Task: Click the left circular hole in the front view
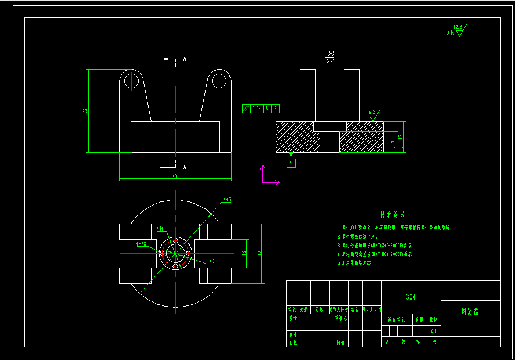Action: (x=132, y=80)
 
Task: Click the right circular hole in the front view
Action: (x=219, y=80)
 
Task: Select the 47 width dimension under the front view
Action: (x=175, y=175)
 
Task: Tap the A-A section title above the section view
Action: (x=331, y=53)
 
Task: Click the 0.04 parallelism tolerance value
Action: (x=256, y=109)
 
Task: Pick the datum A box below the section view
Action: (x=291, y=163)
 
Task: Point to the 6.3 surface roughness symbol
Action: (x=373, y=114)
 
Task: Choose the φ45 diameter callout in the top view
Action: (x=227, y=200)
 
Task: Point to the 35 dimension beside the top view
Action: (x=259, y=253)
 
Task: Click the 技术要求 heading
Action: (x=392, y=215)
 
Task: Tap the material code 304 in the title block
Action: (x=411, y=297)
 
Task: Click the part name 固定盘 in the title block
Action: (x=470, y=311)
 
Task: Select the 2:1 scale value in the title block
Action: (x=433, y=330)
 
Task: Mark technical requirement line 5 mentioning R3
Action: (x=355, y=263)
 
